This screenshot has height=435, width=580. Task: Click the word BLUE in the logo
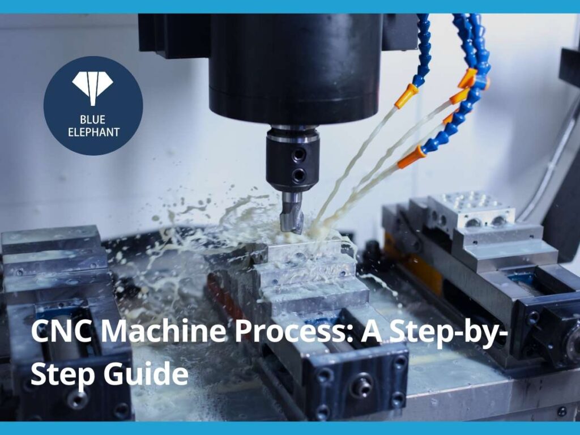93,120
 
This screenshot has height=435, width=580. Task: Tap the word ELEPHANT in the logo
93,133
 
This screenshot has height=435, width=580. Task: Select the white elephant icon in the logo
92,87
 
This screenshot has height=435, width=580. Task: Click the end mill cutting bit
292,212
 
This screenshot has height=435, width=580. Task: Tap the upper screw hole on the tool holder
298,154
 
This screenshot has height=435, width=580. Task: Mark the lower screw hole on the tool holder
298,175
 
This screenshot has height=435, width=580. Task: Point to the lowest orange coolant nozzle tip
411,158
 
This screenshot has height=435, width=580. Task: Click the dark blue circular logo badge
93,105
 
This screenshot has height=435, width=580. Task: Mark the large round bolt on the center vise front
361,385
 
